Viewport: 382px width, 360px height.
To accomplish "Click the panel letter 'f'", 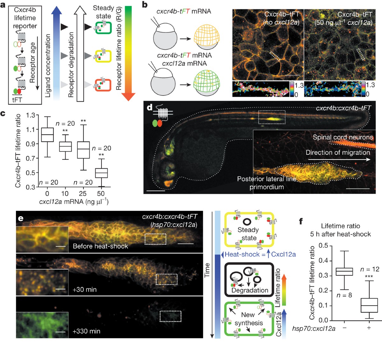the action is point(301,221).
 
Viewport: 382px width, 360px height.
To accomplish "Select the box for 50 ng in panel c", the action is point(101,173).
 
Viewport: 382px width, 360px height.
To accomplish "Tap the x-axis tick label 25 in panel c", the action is point(83,194).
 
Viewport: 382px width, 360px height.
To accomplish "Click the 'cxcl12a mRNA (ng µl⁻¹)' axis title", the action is point(74,202).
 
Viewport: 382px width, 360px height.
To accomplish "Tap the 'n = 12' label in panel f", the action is point(370,269).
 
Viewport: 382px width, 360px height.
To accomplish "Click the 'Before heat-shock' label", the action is point(100,246).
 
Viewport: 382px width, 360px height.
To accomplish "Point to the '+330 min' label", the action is point(86,331).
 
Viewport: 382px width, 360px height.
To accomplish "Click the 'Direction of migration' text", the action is point(338,152).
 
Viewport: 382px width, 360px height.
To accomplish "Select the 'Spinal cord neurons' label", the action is point(343,137).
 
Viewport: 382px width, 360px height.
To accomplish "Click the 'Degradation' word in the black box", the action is point(250,290).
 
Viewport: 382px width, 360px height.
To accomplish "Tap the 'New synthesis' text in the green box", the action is point(248,319).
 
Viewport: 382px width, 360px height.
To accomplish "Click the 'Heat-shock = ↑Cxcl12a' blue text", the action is point(260,254).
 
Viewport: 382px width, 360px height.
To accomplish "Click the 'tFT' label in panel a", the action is point(17,100).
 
